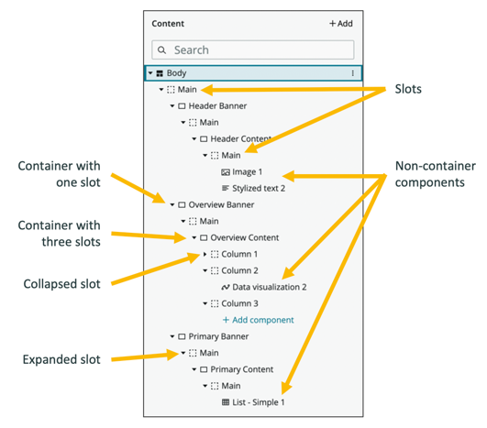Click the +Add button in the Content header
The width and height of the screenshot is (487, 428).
(340, 24)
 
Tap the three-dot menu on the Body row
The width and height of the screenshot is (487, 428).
(353, 72)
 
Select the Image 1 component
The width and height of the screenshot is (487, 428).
(247, 171)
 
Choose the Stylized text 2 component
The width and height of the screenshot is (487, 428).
(259, 188)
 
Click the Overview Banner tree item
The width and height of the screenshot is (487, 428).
(221, 204)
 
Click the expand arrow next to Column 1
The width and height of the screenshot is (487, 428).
(204, 254)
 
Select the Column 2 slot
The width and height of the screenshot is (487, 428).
(240, 270)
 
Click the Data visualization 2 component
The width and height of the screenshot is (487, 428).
(269, 287)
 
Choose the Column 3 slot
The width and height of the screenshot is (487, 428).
(240, 303)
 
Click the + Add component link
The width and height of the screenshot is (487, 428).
(258, 320)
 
